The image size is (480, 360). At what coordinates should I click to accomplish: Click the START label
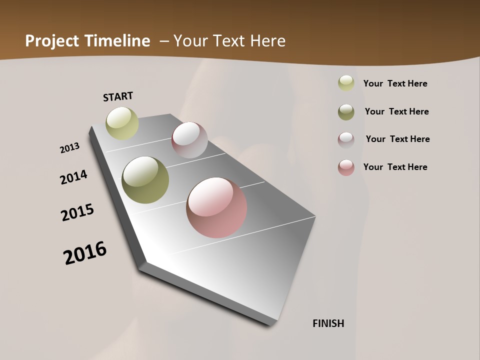pos(118,96)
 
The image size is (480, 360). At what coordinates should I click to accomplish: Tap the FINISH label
pos(328,323)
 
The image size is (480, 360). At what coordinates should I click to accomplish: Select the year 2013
pos(69,148)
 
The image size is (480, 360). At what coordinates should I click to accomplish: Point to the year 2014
pos(73,177)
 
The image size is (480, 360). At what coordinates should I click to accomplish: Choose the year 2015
pos(77,212)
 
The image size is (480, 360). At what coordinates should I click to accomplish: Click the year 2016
pos(85,253)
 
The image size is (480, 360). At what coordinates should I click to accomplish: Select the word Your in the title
pos(192,41)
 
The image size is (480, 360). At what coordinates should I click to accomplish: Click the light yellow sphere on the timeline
pos(122,123)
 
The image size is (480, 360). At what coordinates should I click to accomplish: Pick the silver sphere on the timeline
pos(189,140)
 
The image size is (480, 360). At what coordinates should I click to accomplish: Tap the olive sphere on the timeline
pos(145,180)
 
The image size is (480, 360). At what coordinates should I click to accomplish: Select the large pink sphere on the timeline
pos(216,207)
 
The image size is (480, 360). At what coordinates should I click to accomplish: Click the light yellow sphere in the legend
pos(346,83)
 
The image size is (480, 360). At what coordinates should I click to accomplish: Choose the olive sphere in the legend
pos(346,112)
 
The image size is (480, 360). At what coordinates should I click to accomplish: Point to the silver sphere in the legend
pos(346,140)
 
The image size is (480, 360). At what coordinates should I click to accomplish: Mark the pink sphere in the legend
pos(346,167)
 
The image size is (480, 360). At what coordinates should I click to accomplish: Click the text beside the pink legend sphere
pos(395,167)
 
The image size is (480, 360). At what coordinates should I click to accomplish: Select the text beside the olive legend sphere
pos(396,111)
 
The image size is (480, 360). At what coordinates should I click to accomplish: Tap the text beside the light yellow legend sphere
pos(395,83)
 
